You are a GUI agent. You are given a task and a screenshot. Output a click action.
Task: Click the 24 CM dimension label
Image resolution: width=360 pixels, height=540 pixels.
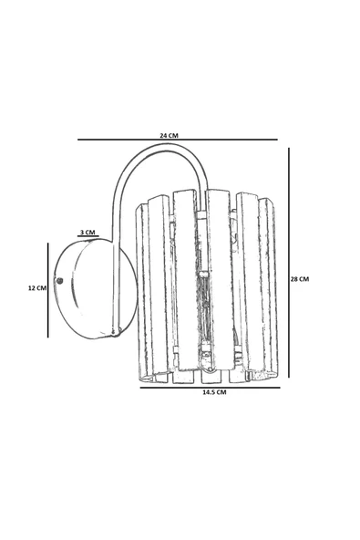[x=169, y=135]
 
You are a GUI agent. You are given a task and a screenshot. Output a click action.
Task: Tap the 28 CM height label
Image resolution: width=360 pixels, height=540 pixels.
[x=300, y=279]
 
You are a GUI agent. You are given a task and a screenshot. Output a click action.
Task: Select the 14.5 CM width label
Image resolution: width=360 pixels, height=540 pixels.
[x=214, y=392]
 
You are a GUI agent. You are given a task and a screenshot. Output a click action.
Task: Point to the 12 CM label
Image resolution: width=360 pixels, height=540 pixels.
[x=36, y=288]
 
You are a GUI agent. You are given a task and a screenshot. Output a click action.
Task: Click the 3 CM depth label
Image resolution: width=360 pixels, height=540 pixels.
[x=87, y=232]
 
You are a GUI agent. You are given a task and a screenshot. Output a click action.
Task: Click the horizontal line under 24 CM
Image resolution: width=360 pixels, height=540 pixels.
[x=178, y=140]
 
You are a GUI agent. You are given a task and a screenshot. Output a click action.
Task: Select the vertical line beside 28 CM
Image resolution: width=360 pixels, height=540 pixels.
[x=289, y=263]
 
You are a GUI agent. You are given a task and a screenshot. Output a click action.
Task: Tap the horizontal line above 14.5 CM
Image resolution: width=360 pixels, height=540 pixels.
[x=210, y=388]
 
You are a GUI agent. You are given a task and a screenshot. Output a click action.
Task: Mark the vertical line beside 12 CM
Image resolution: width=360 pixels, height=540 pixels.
[x=47, y=290]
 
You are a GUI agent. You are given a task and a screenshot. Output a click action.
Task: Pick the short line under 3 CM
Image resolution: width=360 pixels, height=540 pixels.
[x=88, y=236]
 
